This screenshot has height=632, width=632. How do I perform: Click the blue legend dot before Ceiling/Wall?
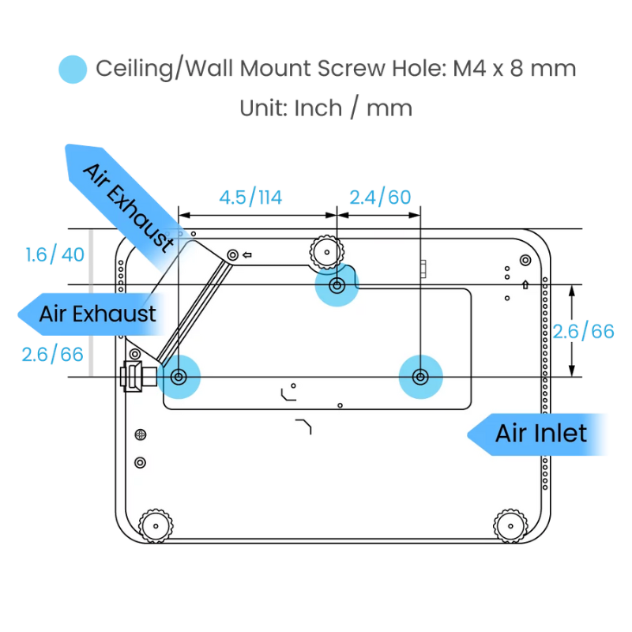click(72, 68)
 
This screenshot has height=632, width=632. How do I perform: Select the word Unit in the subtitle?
click(264, 107)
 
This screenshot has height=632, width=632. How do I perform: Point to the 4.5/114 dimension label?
click(250, 197)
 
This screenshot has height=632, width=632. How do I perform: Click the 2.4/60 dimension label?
click(379, 197)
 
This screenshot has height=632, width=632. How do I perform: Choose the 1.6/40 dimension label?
click(55, 256)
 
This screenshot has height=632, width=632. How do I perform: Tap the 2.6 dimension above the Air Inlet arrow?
click(583, 331)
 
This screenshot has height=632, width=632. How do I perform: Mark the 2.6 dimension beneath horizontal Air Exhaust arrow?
click(52, 355)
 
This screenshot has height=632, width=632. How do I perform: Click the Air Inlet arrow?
click(539, 433)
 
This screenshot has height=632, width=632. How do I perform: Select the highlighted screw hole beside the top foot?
click(337, 286)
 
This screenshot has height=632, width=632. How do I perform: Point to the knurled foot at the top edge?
click(326, 251)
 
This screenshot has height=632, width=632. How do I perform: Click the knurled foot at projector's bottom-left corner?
click(154, 525)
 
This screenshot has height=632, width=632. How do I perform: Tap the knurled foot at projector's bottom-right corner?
click(510, 525)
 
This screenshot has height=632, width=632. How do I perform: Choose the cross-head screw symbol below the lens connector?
click(141, 434)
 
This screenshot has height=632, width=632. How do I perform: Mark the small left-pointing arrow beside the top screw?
click(247, 254)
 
